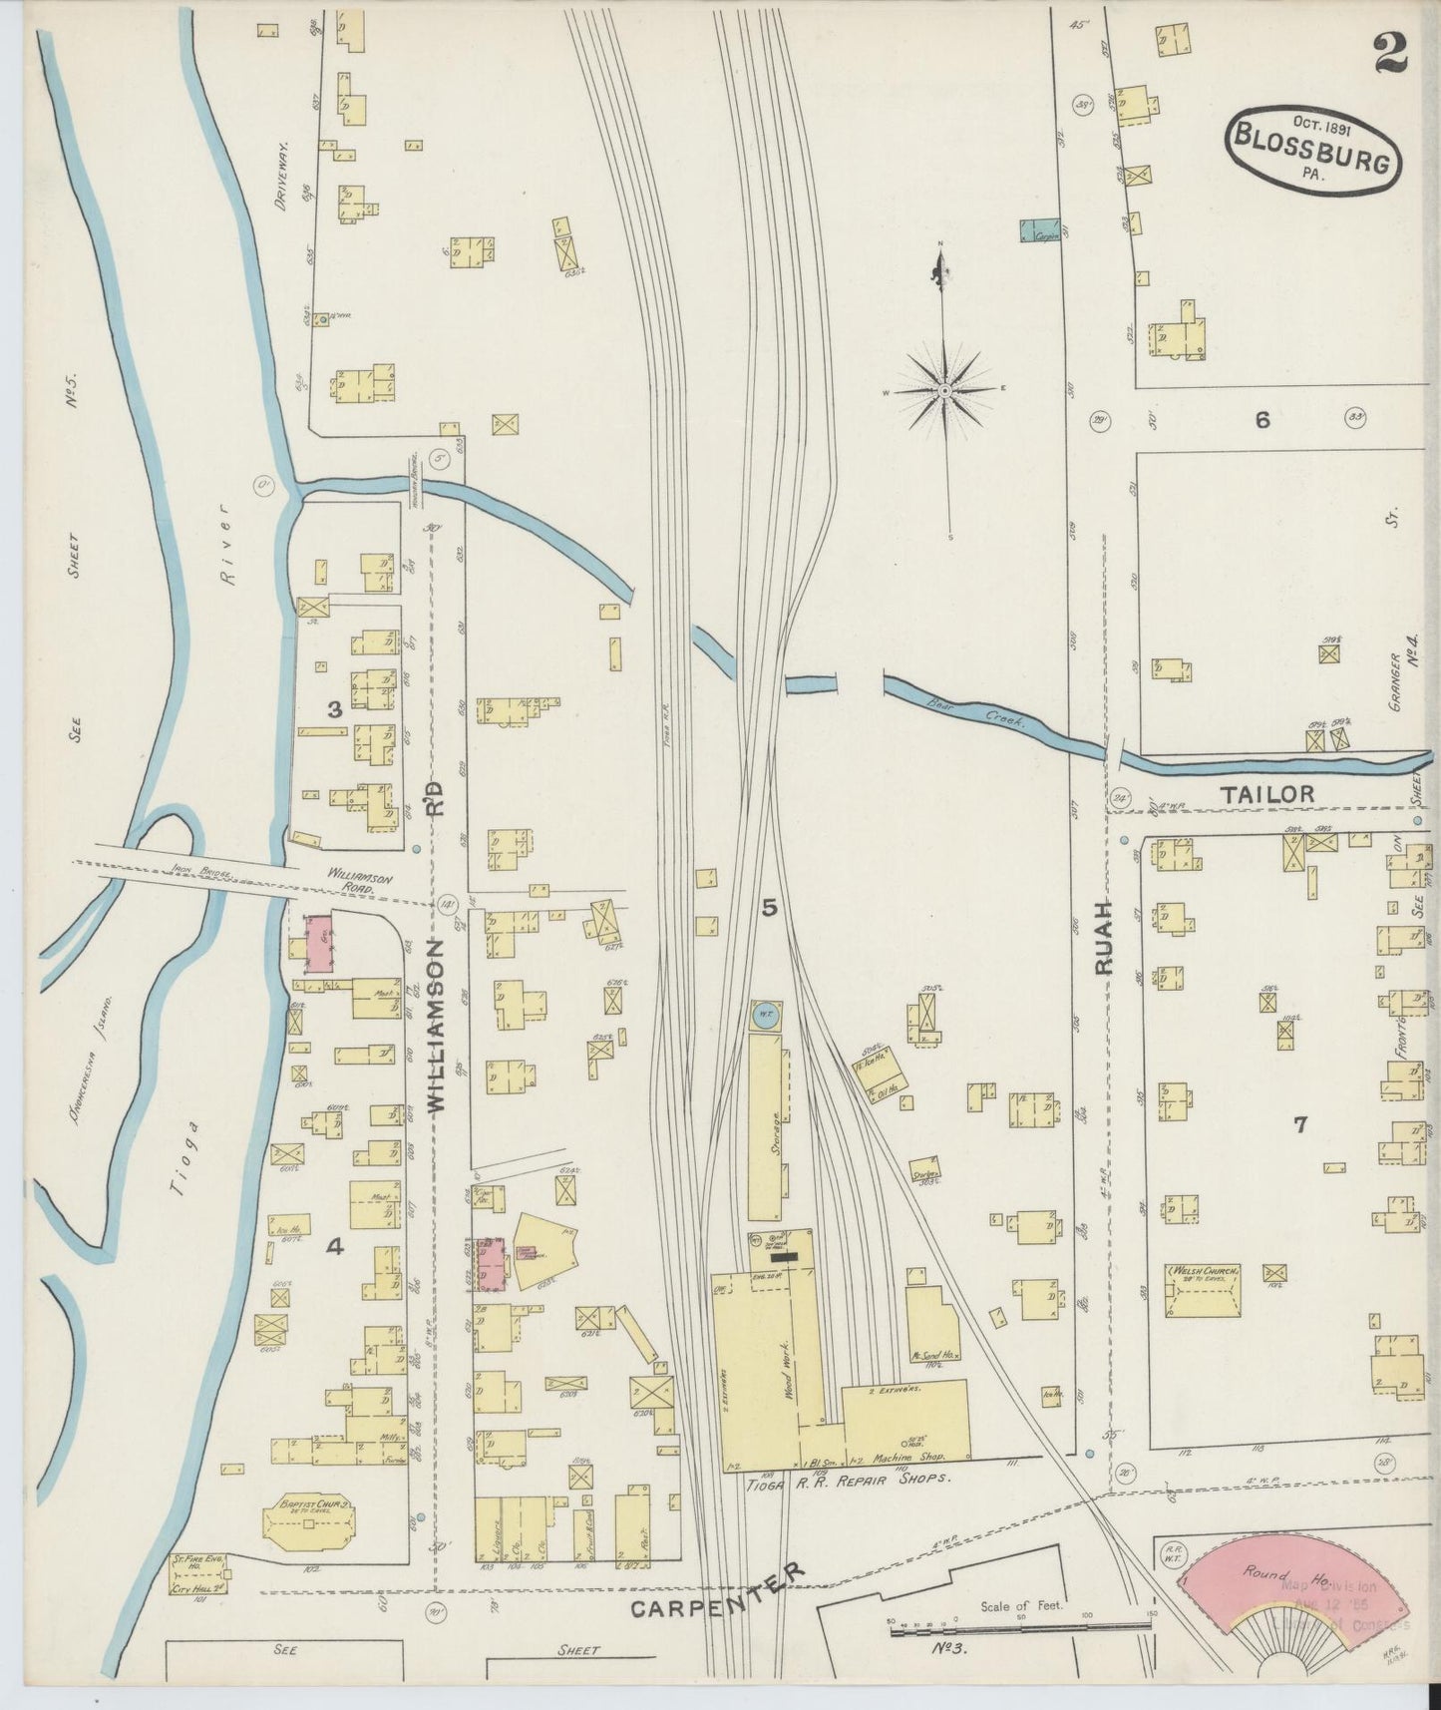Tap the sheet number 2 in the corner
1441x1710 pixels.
[1389, 52]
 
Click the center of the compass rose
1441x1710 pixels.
[944, 390]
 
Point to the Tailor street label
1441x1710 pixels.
[1266, 793]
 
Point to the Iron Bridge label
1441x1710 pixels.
[202, 874]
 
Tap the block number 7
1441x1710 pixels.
[1299, 1125]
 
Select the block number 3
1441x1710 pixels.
[335, 709]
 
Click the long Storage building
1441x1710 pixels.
[766, 1127]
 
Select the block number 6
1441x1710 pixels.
[1262, 420]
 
